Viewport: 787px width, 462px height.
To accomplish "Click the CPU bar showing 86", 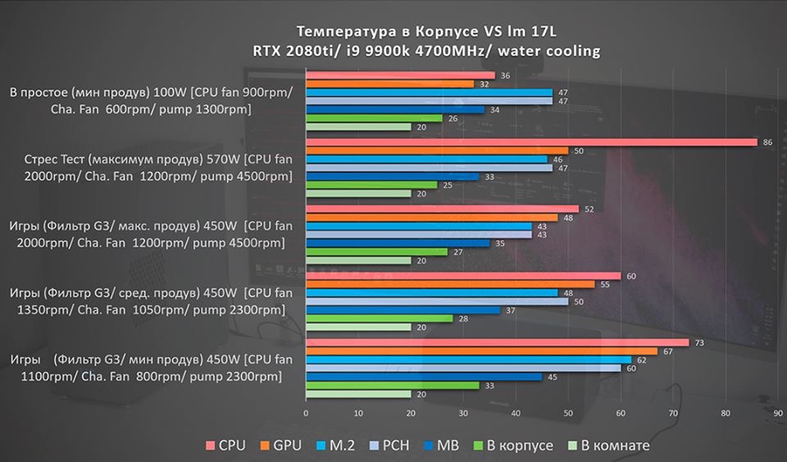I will (531, 142).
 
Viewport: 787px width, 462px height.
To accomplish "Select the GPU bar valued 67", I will (481, 351).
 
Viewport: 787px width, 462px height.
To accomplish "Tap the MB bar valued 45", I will (424, 377).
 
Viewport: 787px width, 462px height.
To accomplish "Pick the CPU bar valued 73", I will (497, 342).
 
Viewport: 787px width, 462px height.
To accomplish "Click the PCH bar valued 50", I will (437, 301).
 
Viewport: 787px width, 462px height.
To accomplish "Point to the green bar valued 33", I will (392, 385).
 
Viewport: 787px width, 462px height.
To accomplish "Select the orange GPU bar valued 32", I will (389, 84).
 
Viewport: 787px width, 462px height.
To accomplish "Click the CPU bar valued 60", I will (463, 276).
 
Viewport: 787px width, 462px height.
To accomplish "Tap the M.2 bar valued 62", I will (468, 359).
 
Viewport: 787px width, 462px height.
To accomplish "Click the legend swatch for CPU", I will (210, 446).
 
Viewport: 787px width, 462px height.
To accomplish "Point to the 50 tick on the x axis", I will (568, 413).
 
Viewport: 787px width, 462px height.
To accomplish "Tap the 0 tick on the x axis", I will (306, 413).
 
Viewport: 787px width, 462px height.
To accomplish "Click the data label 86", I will (767, 142).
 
